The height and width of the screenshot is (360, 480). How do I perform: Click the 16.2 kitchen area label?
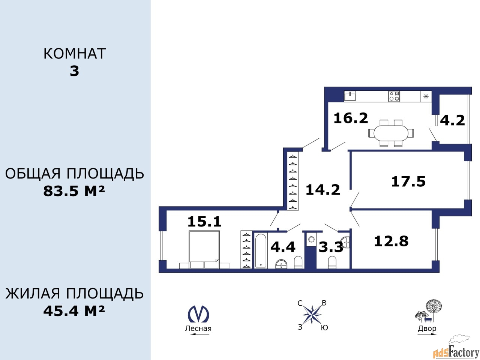(x=351, y=118)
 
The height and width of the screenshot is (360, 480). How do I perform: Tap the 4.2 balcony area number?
(x=452, y=120)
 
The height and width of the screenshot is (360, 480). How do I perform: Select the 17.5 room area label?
(x=408, y=181)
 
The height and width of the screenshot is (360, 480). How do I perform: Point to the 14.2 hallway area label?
(x=323, y=189)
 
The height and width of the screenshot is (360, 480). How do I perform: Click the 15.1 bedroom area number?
(x=204, y=221)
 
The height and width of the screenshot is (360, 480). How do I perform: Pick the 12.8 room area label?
(x=391, y=241)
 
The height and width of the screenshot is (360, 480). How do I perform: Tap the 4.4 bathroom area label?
(x=283, y=246)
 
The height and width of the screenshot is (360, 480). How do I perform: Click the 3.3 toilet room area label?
(x=331, y=247)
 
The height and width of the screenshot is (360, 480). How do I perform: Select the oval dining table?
(x=391, y=133)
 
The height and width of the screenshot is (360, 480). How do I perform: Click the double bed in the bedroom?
(x=204, y=249)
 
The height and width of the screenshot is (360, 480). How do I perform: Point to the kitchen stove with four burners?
(x=394, y=96)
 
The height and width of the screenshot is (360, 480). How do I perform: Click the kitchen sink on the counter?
(x=350, y=96)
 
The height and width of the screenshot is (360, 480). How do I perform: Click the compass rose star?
(x=312, y=315)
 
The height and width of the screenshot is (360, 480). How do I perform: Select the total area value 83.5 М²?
(x=74, y=191)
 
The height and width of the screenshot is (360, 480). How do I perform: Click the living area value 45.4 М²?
(x=74, y=311)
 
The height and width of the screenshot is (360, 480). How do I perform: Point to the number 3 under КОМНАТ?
(x=74, y=71)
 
